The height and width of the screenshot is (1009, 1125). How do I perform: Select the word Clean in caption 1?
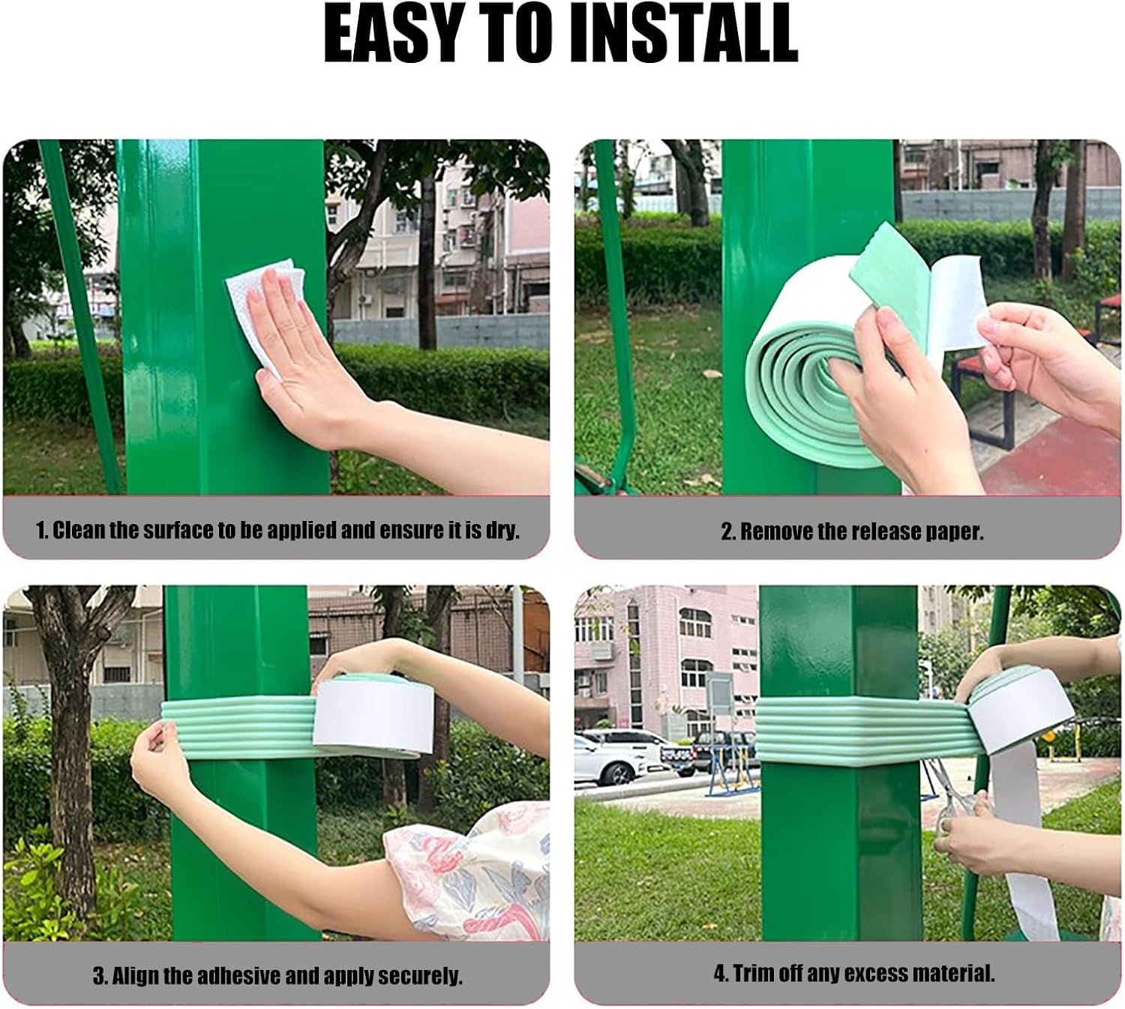79,531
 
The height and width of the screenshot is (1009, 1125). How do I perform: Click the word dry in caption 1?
502,531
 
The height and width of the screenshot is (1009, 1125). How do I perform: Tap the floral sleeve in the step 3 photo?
472,870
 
